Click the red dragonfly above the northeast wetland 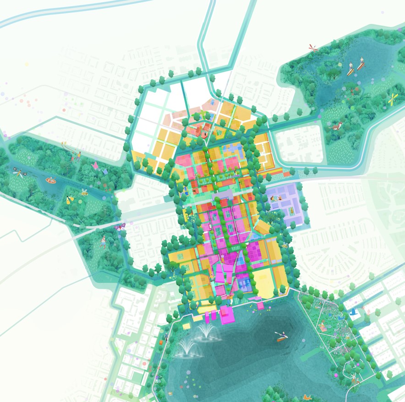tap(313, 47)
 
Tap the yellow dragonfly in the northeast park tap(393, 98)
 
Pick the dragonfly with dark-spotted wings tap(20, 173)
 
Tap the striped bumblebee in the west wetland tap(85, 193)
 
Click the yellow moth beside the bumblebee tap(70, 200)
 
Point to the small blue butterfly tap(105, 171)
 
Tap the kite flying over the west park tap(64, 144)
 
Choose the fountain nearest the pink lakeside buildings tap(207, 331)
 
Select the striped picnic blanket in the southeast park tap(323, 328)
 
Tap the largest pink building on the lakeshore tap(226, 316)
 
